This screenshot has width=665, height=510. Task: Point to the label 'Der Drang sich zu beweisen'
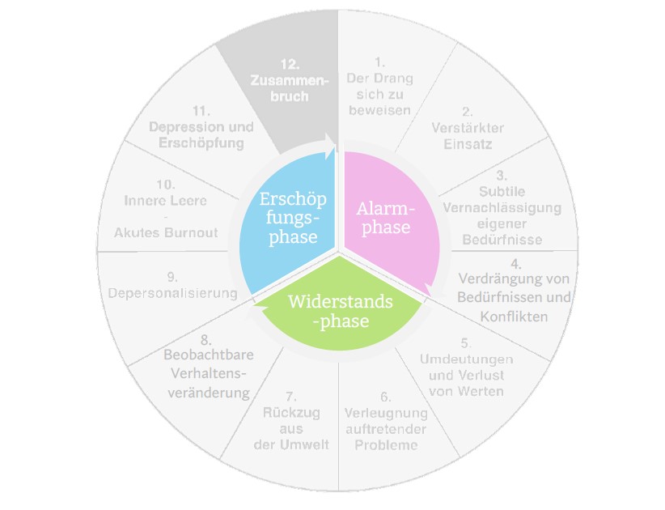(379, 94)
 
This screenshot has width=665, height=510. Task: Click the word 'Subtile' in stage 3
(502, 191)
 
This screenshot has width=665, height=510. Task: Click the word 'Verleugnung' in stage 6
(385, 413)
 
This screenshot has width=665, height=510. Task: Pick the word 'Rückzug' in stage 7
(291, 413)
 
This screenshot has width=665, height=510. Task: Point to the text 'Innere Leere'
(166, 200)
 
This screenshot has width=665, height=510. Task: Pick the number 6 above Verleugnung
(385, 397)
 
